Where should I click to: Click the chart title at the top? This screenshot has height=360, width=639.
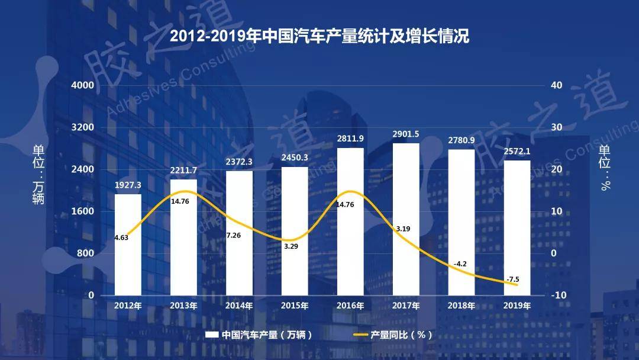319,37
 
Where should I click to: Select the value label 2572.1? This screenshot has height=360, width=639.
517,151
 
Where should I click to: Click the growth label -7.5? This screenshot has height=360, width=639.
512,279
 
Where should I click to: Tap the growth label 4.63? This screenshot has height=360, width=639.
121,237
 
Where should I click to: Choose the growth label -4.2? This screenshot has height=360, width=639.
461,263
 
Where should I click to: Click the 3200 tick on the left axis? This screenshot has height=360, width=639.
82,127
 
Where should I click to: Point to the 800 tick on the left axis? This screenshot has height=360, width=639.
86,253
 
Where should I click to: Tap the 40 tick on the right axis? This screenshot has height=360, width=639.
557,85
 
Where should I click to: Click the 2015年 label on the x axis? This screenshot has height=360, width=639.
295,306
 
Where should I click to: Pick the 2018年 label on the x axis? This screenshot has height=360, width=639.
461,306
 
